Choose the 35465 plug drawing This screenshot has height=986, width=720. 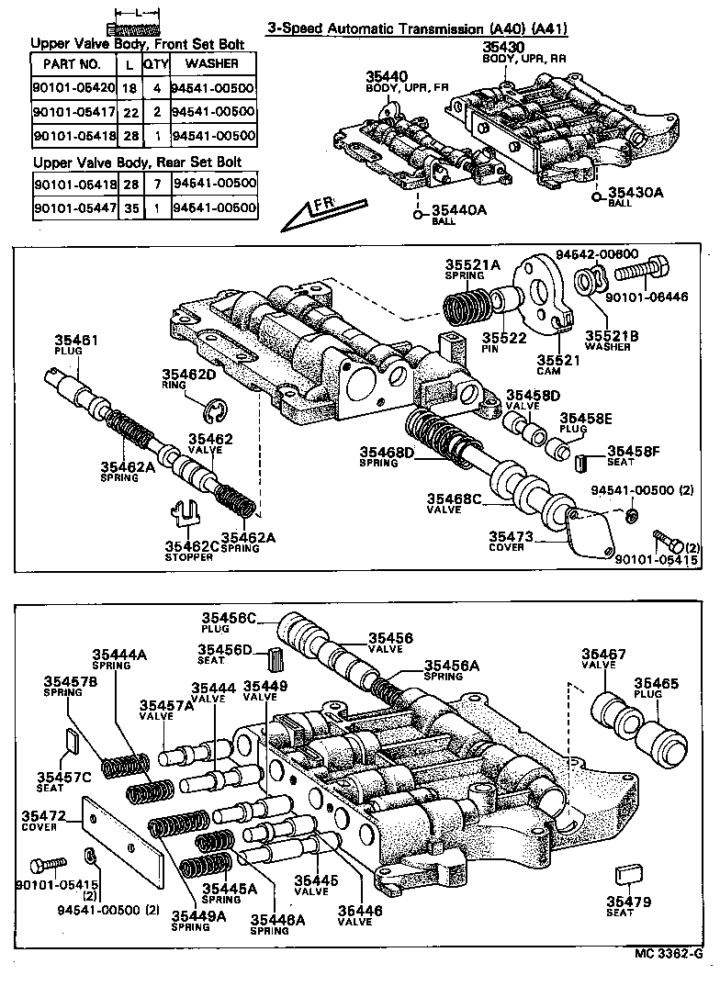click(x=662, y=734)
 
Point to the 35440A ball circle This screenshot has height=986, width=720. click(x=417, y=216)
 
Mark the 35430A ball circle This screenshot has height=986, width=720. click(x=599, y=194)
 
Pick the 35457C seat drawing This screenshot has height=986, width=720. click(x=72, y=739)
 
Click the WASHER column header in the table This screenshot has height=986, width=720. click(x=212, y=64)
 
